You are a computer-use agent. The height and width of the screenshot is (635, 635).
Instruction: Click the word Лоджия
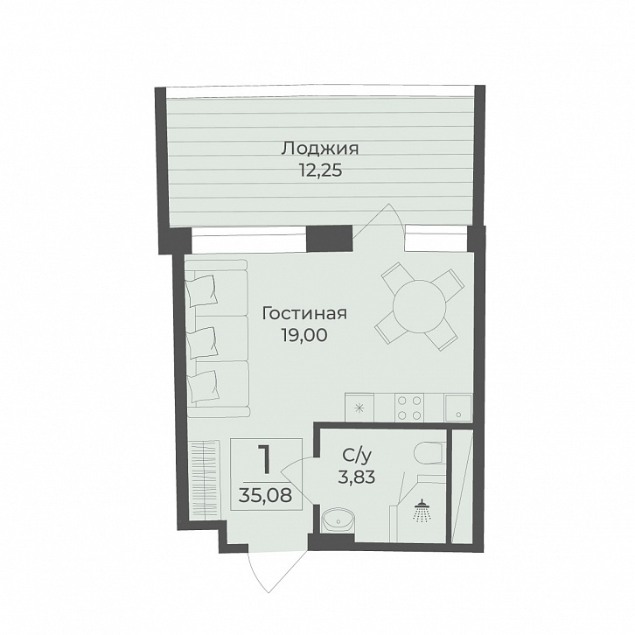[x=319, y=149]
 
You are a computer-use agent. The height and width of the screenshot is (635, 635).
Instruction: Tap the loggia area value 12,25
[x=319, y=171]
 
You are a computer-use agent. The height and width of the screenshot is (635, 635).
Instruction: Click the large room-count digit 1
[x=265, y=460]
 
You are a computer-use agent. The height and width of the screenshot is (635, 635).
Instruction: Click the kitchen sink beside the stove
[x=456, y=407]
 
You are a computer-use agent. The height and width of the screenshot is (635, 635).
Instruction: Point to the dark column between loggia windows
[x=329, y=235]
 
